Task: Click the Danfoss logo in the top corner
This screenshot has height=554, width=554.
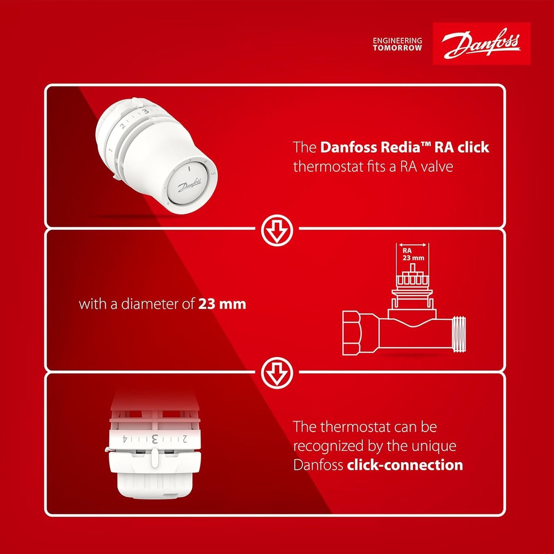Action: coord(482,44)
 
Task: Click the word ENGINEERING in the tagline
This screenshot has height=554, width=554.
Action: coord(397,41)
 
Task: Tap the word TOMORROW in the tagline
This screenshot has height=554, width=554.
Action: coord(397,48)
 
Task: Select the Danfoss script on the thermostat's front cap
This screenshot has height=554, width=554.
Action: coord(189,185)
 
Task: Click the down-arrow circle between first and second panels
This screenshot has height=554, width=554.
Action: coord(277,230)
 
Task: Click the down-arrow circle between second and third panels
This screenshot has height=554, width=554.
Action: coord(277,373)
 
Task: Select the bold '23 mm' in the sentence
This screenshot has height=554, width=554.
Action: coord(222,304)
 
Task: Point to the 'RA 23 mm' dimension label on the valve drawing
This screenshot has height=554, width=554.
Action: coord(413,254)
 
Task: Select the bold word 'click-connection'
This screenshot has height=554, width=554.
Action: coord(405,465)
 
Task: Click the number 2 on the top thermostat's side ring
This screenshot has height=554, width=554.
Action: coord(123,126)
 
